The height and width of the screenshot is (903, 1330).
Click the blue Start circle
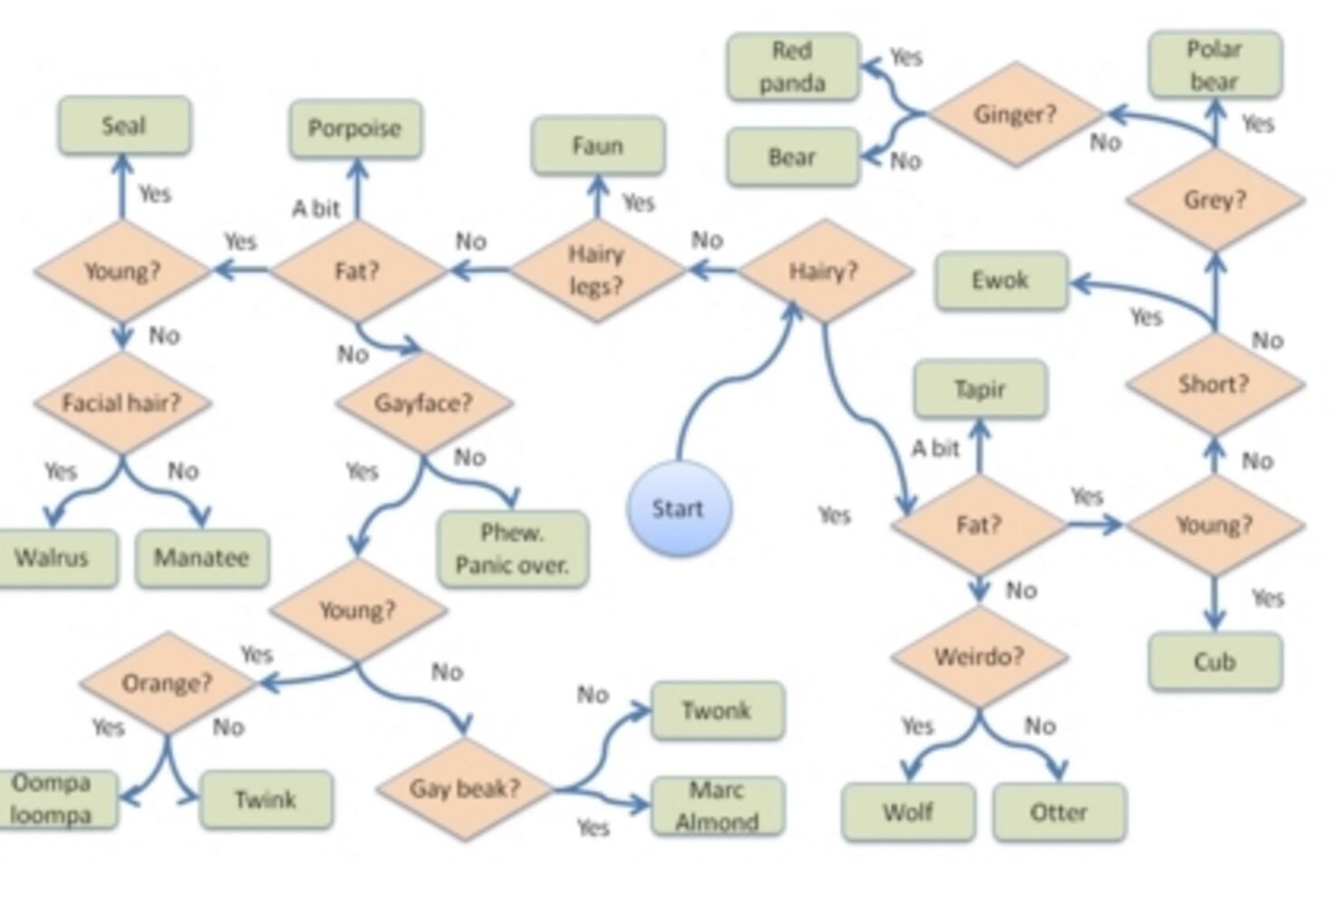click(679, 508)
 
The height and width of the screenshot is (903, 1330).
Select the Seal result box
click(124, 125)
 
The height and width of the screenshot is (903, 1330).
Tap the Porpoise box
click(355, 128)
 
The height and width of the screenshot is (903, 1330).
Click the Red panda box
click(793, 66)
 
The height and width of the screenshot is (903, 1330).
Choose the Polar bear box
click(1214, 65)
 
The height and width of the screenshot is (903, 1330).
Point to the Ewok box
click(1002, 281)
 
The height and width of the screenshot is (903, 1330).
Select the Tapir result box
click(980, 389)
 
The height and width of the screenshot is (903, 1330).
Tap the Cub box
click(1214, 662)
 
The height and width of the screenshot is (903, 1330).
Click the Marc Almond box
click(717, 806)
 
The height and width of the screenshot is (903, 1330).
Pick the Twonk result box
click(717, 710)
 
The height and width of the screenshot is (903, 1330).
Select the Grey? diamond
click(1214, 200)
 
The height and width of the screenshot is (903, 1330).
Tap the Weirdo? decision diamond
click(979, 657)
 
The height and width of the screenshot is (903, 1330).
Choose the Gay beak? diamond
click(465, 789)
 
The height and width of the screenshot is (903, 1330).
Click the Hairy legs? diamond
click(596, 271)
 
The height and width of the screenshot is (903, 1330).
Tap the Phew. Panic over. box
click(513, 549)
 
